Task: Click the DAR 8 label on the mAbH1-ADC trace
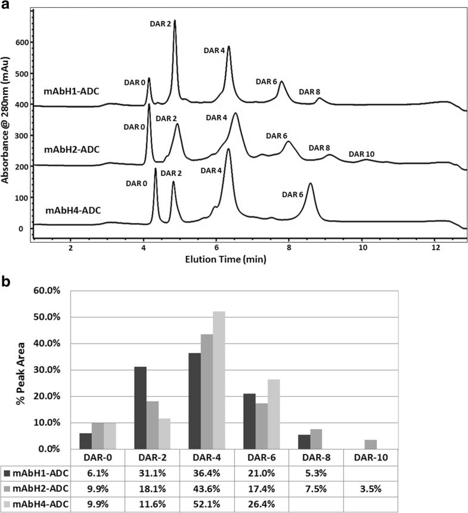[x=309, y=92]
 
